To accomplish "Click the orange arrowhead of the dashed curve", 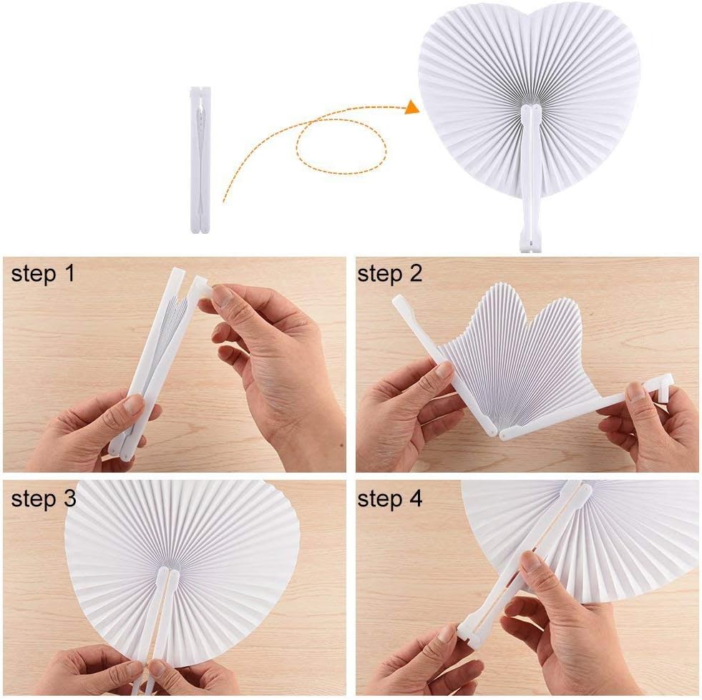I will [x=411, y=107].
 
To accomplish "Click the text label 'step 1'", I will [x=42, y=274].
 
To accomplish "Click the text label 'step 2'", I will [x=390, y=274].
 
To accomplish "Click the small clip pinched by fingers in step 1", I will [x=203, y=287].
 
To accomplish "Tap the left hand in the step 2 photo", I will [x=408, y=415].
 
